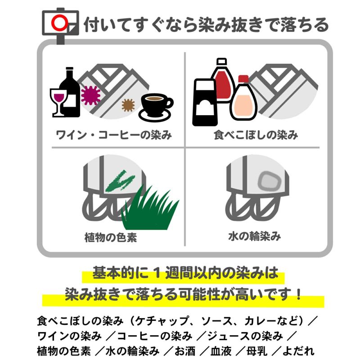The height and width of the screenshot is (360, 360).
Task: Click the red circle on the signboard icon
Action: pyautogui.click(x=59, y=23)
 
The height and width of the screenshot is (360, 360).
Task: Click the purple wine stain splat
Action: pyautogui.click(x=91, y=95)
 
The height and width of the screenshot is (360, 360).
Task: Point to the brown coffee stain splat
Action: pyautogui.click(x=128, y=105)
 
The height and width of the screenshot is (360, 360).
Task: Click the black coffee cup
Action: pyautogui.click(x=155, y=108)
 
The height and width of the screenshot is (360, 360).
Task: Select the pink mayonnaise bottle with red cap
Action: pyautogui.click(x=243, y=98)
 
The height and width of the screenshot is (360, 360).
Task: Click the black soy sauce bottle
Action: pyautogui.click(x=205, y=102)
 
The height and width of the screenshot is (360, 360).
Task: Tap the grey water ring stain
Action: pyautogui.click(x=270, y=181)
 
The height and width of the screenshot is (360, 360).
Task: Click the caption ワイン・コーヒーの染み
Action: pyautogui.click(x=114, y=135)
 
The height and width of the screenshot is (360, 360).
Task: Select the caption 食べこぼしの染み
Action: pyautogui.click(x=256, y=135)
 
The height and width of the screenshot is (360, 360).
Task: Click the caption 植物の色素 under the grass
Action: pyautogui.click(x=111, y=238)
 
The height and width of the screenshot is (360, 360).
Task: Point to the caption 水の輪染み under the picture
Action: pyautogui.click(x=254, y=236)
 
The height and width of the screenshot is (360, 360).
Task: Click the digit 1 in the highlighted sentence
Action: pyautogui.click(x=157, y=274)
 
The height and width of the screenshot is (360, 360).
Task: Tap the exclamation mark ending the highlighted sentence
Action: pyautogui.click(x=298, y=294)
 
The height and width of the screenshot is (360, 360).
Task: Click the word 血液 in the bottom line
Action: pyautogui.click(x=221, y=351)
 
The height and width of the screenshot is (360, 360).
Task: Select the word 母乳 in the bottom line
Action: pyautogui.click(x=256, y=351)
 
